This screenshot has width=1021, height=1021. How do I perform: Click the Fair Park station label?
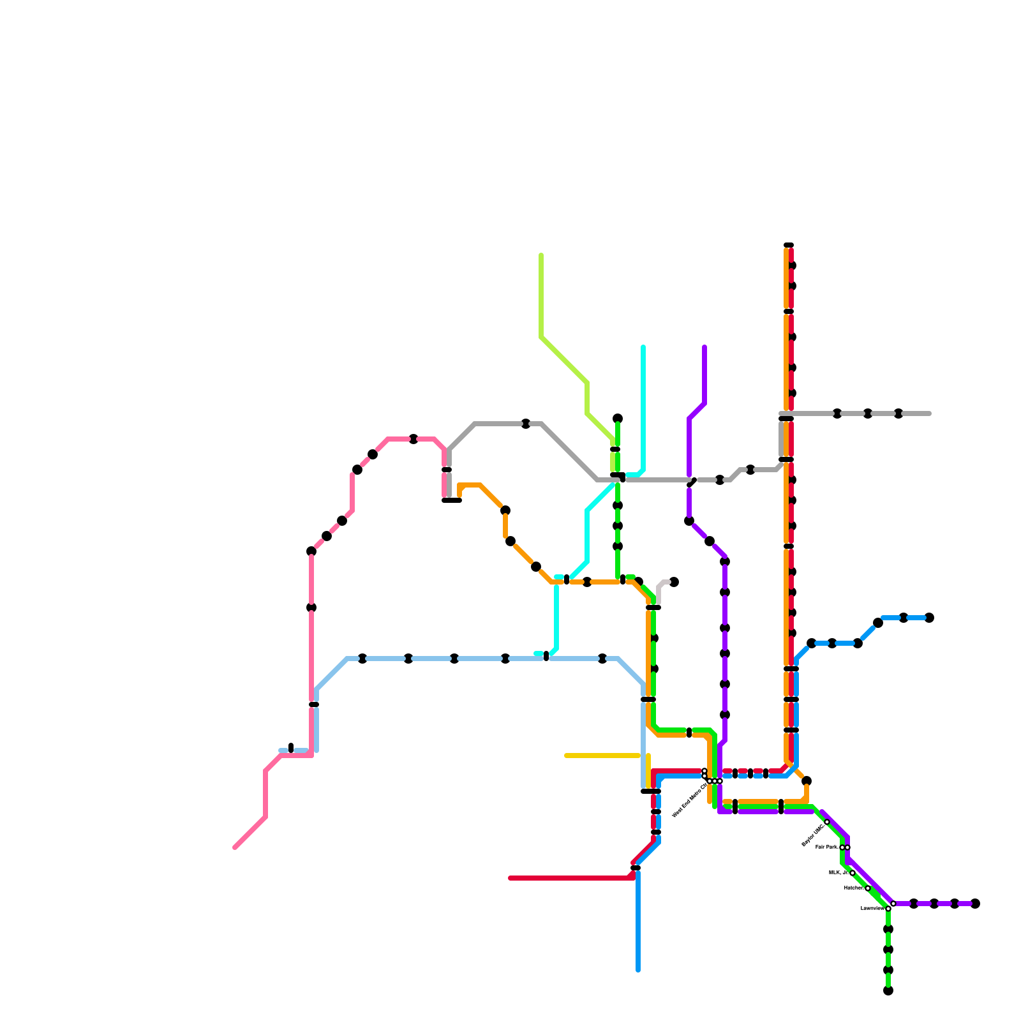(x=827, y=847)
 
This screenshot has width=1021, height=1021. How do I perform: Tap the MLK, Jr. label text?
(x=838, y=872)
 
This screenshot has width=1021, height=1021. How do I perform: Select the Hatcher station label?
(x=853, y=888)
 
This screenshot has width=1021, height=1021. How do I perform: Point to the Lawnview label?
(x=872, y=908)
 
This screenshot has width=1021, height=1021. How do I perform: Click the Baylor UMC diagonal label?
(x=812, y=835)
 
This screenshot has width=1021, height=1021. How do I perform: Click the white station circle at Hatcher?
(x=868, y=888)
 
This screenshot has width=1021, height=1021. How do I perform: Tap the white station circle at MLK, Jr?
(x=853, y=873)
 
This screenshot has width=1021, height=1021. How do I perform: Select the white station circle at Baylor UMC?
(x=827, y=822)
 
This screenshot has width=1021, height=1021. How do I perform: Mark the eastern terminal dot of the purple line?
(x=975, y=904)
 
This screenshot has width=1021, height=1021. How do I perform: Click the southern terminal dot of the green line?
(x=888, y=990)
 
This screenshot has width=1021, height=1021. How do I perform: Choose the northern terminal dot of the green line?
(x=618, y=419)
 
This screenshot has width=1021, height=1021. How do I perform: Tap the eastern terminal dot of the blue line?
(x=929, y=618)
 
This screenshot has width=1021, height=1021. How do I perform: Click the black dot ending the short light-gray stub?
(x=674, y=582)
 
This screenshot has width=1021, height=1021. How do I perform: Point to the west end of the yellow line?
(x=566, y=756)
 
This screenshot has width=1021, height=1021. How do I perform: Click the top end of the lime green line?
(x=541, y=255)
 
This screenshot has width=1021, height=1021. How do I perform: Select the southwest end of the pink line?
(x=235, y=847)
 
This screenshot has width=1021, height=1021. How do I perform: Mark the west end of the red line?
(x=510, y=878)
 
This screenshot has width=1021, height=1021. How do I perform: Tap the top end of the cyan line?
(x=643, y=347)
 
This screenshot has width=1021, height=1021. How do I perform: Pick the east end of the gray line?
(x=929, y=414)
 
